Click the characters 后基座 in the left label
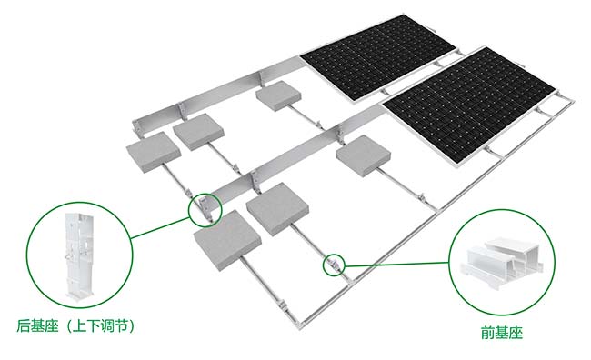pyautogui.click(x=37, y=326)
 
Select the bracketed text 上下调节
pyautogui.click(x=101, y=326)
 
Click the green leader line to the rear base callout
pyautogui.click(x=160, y=228)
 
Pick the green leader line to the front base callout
pyautogui.click(x=397, y=264)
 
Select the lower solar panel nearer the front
pyautogui.click(x=468, y=105)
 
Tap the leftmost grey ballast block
pyautogui.click(x=154, y=152)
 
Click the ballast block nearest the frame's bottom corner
pyautogui.click(x=227, y=240)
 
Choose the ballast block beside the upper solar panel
pyautogui.click(x=280, y=95)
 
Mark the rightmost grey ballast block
pyautogui.click(x=364, y=156)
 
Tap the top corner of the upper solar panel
pyautogui.click(x=403, y=15)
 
